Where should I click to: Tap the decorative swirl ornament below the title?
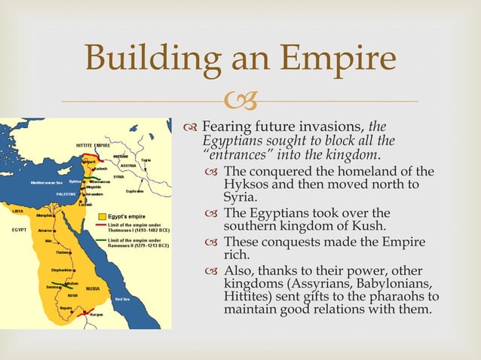[240, 99]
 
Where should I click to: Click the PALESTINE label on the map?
[69, 194]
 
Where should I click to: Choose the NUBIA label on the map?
[93, 288]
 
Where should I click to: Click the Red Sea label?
[122, 299]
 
